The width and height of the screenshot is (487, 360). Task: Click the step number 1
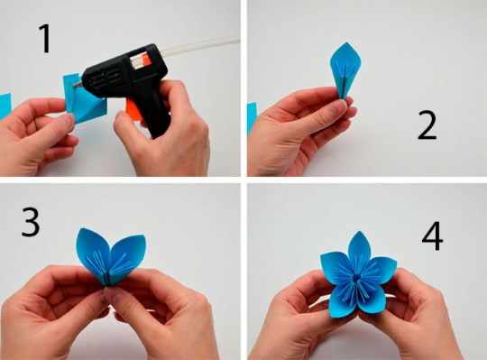click(46, 39)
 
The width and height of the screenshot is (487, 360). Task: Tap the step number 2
click(427, 125)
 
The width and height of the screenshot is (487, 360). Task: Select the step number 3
click(31, 222)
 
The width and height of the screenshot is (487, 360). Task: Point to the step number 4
click(432, 236)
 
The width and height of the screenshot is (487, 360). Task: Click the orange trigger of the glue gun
click(133, 108)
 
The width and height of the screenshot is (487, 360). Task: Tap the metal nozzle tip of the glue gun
click(78, 84)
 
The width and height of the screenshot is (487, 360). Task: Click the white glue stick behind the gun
click(200, 47)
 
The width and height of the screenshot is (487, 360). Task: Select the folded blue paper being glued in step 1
click(83, 97)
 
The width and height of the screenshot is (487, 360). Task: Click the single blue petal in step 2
click(345, 69)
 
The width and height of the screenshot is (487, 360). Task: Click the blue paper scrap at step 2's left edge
click(252, 118)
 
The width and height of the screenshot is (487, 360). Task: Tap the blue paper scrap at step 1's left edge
click(5, 106)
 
